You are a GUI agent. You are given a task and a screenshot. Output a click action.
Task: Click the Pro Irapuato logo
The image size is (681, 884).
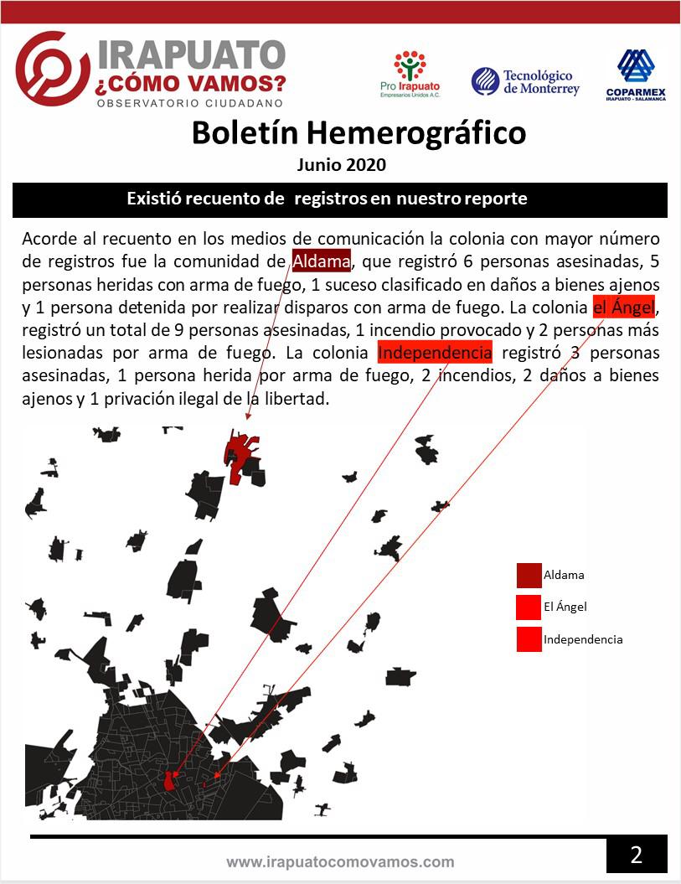click(x=410, y=74)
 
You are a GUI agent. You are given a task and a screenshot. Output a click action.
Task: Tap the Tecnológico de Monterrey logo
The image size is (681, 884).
click(x=525, y=81)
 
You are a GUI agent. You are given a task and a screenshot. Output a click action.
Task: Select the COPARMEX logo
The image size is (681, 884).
click(x=635, y=75)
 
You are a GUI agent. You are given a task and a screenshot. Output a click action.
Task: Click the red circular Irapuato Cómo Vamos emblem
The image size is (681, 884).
click(x=51, y=70)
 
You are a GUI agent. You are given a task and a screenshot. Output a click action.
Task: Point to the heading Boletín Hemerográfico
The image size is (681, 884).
click(x=359, y=132)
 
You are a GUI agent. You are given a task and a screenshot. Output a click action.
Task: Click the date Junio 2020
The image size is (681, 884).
click(x=342, y=164)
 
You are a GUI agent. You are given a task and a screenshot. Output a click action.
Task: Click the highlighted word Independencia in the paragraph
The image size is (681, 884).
click(x=435, y=353)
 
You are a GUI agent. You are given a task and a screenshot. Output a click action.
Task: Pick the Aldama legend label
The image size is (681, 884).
click(x=564, y=575)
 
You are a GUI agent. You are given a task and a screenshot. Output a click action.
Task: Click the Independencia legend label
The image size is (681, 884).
click(x=583, y=639)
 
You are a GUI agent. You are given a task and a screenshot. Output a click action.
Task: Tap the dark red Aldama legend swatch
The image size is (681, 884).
click(x=529, y=576)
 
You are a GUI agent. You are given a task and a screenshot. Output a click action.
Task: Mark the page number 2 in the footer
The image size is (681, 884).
click(x=637, y=856)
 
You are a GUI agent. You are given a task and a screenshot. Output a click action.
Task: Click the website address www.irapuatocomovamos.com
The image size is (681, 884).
click(x=340, y=861)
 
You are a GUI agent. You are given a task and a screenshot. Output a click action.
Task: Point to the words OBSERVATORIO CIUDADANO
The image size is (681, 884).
click(x=190, y=103)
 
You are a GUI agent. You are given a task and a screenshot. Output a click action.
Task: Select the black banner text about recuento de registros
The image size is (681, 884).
click(x=327, y=199)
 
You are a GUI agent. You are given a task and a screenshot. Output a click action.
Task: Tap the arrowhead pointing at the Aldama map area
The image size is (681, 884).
click(x=248, y=414)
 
